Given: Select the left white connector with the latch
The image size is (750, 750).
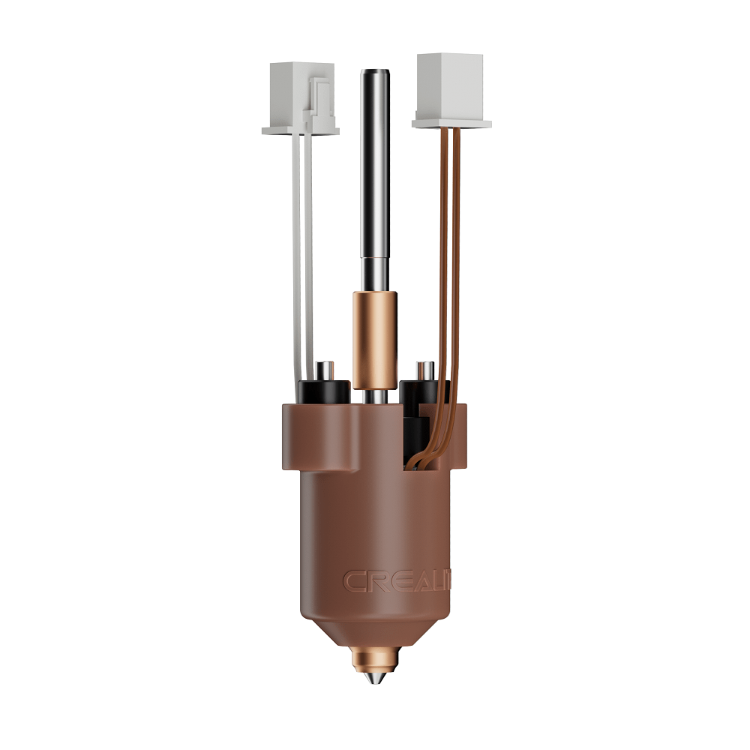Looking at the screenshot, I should click(x=300, y=97).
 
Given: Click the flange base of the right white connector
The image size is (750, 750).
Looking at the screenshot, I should click(x=451, y=123).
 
